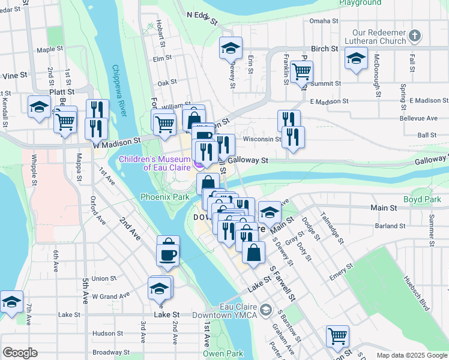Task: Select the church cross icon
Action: [414, 37]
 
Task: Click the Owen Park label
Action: [223, 353]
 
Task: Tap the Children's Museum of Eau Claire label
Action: [155, 163]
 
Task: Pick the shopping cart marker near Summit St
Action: [301, 71]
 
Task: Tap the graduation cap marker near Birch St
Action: [231, 48]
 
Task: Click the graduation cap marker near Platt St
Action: [40, 106]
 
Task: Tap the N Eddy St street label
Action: [202, 18]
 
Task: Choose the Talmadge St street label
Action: [331, 227]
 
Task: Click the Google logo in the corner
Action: [20, 353]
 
